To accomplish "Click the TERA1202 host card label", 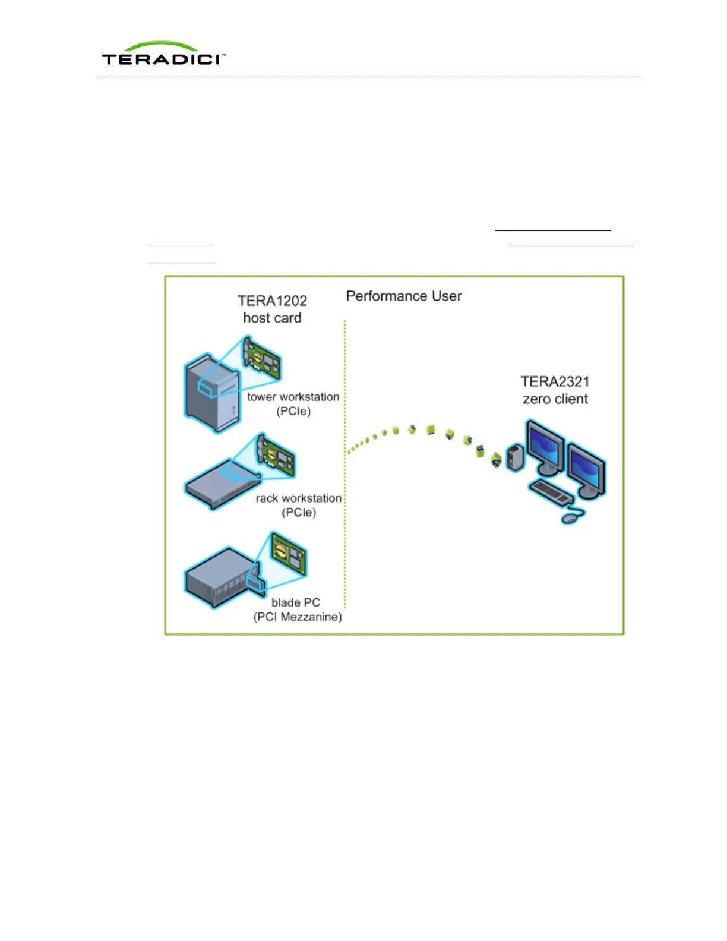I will point(272,310).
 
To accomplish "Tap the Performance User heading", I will point(404,296).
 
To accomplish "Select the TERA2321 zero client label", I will point(555,390).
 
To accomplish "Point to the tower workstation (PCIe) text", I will point(293,404).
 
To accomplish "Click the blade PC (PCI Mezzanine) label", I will point(298,610).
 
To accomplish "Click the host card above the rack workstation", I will point(275,456).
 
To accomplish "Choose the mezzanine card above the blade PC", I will point(289,554).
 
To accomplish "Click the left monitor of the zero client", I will point(545,447).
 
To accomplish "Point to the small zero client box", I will point(515,457).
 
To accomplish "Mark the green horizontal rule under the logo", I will point(368,77).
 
